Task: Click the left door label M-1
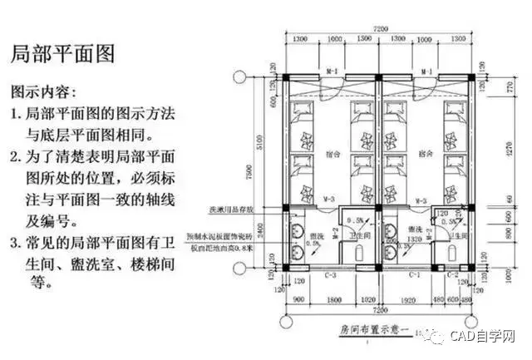pyautogui.click(x=331, y=72)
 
